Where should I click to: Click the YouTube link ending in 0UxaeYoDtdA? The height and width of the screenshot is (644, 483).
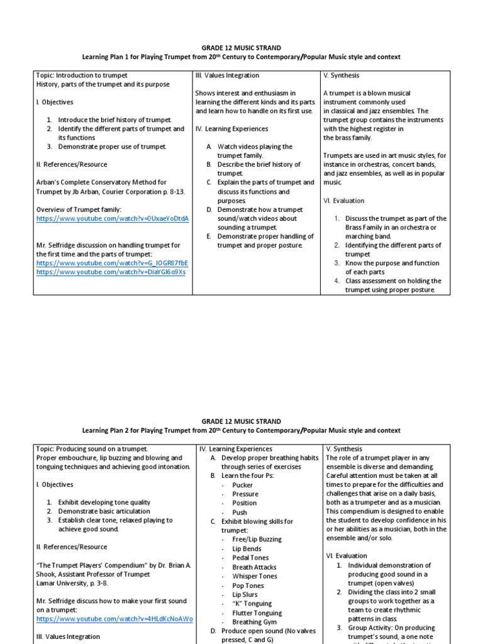pyautogui.click(x=113, y=218)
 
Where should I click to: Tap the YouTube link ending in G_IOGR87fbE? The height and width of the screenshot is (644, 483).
pyautogui.click(x=112, y=263)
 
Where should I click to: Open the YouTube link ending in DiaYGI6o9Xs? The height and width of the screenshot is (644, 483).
pyautogui.click(x=111, y=272)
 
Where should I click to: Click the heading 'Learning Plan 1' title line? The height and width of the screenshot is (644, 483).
pyautogui.click(x=241, y=57)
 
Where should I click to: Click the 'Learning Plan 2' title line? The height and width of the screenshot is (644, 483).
pyautogui.click(x=241, y=430)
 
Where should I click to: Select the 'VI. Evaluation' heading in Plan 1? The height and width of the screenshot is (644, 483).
pyautogui.click(x=343, y=201)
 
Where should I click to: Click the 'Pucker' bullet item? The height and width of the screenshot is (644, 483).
pyautogui.click(x=242, y=485)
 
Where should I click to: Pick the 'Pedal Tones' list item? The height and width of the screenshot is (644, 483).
pyautogui.click(x=250, y=557)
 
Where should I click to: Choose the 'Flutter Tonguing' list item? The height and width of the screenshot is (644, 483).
pyautogui.click(x=257, y=613)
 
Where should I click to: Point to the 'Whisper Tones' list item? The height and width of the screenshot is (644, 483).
pyautogui.click(x=254, y=575)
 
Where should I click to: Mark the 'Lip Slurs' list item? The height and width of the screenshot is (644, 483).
pyautogui.click(x=245, y=594)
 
